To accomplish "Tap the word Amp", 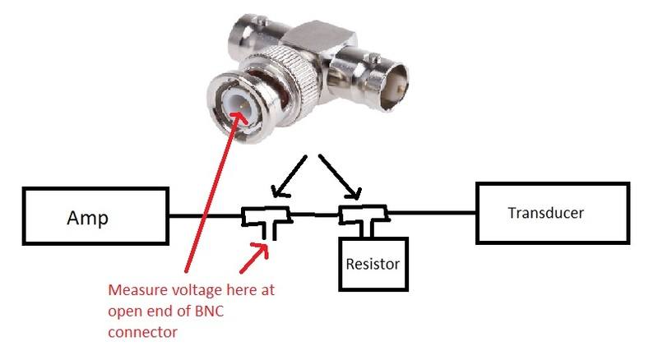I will [x=86, y=219].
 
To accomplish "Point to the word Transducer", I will [x=545, y=213].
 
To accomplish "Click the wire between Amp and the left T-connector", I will [x=206, y=217].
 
